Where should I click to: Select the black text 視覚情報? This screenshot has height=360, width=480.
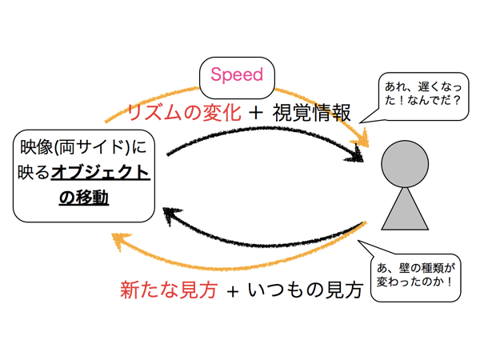(x=311, y=113)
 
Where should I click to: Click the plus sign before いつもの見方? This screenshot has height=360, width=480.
(x=232, y=290)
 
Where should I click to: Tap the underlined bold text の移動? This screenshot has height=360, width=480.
(x=84, y=196)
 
